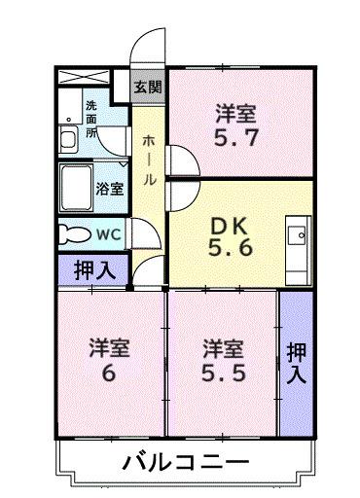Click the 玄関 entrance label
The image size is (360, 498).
click(x=149, y=85)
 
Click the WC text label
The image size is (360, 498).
click(x=107, y=233)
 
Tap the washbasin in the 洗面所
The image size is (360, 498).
click(x=69, y=138)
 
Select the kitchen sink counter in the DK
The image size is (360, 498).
click(x=298, y=237)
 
